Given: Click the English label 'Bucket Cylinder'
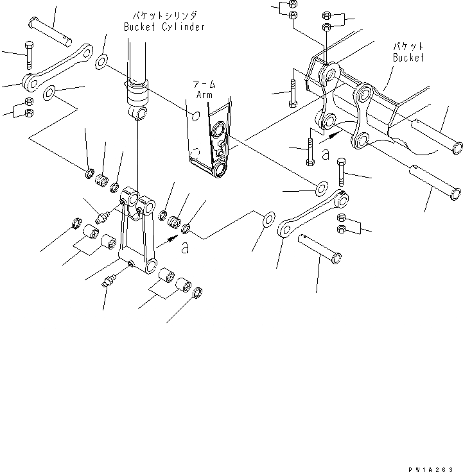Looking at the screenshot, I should point(164,27).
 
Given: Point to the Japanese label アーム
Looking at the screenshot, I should point(204,84).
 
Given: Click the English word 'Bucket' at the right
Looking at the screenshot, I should point(408,58).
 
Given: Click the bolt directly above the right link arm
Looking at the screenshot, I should point(341,170).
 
